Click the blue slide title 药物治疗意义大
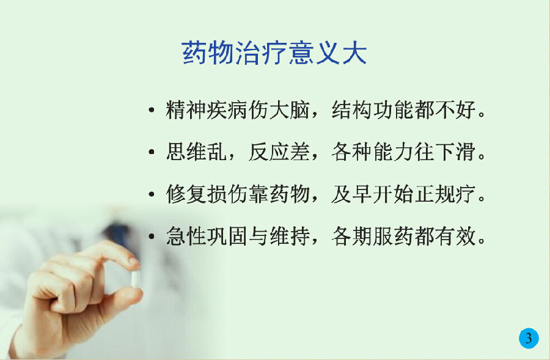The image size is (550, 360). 274,53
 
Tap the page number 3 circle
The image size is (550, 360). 529,338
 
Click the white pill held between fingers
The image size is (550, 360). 136,278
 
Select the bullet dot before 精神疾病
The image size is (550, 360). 152,110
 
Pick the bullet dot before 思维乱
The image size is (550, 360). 152,152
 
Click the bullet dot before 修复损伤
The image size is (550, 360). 152,194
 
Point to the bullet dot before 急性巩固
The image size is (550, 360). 152,236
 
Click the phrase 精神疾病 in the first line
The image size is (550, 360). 207,110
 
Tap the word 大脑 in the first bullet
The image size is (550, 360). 290,110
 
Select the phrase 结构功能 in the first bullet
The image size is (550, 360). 373,110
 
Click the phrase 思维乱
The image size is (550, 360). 196,152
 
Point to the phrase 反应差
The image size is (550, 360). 279,152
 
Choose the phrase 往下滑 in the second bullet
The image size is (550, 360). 445,152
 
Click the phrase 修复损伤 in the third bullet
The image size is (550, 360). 207,194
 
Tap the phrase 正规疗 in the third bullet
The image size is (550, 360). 445,194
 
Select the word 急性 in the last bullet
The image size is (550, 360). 186,236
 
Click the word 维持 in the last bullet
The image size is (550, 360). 290,236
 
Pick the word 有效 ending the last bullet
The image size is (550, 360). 456,236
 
